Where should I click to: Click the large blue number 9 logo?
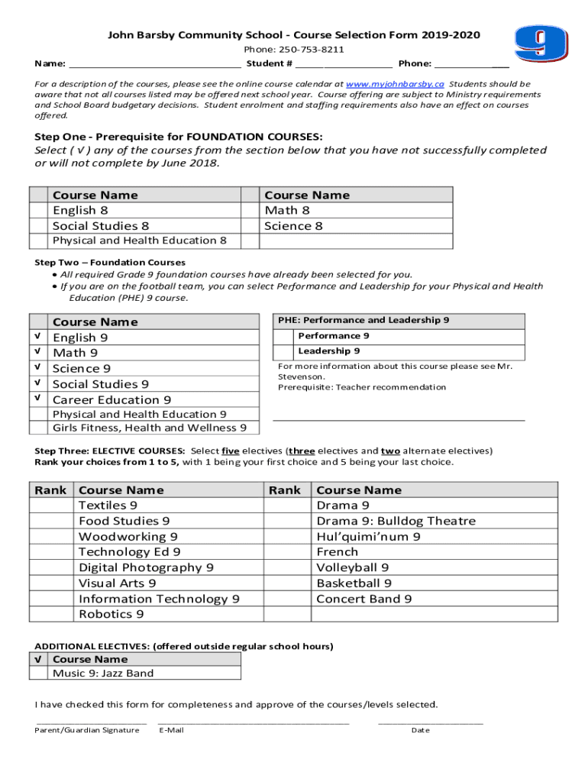coord(541,44)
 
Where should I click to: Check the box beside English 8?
coord(39,211)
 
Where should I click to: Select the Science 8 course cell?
coord(293,226)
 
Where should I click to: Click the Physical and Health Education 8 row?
coord(139,241)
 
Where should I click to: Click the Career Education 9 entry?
coord(111,399)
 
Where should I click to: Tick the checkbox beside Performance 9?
coord(283,336)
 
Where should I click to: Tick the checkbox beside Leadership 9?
coord(283,352)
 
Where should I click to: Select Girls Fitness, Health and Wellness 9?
coord(149,428)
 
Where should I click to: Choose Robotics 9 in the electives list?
coord(111,614)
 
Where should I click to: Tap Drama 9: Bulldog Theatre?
coord(396,521)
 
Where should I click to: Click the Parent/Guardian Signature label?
coord(87,730)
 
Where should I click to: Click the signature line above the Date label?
coord(431,721)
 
